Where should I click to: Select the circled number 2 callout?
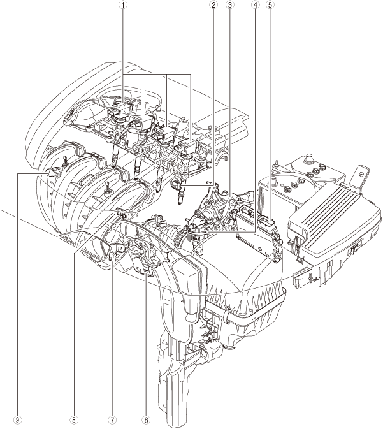click(x=213, y=4)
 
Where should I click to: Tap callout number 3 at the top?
click(x=229, y=4)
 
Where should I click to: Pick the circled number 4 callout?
click(x=255, y=4)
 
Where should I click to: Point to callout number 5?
click(x=271, y=4)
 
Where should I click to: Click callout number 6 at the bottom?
click(x=146, y=419)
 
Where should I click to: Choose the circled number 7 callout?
click(x=112, y=419)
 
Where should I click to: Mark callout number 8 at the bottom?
click(x=73, y=419)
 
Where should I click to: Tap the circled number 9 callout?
click(x=18, y=419)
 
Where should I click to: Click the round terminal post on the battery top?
click(x=310, y=158)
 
